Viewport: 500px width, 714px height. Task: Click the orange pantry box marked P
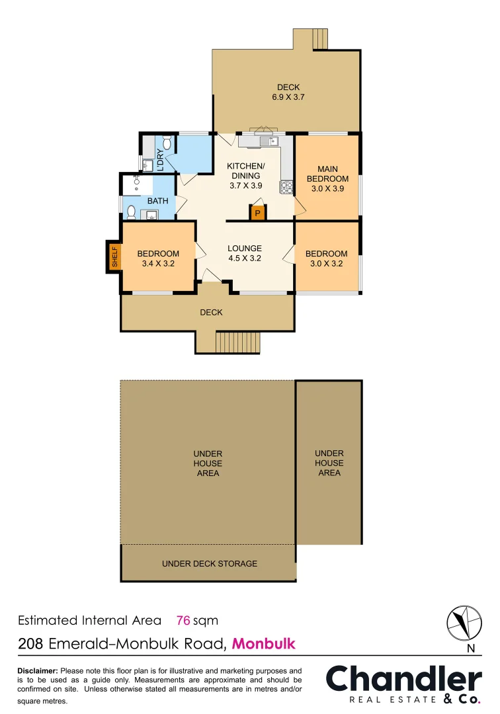[257, 214]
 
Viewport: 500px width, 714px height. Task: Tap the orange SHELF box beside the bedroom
[114, 257]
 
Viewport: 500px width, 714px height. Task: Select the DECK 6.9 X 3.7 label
[288, 92]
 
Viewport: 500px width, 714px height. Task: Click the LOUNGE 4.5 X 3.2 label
[245, 253]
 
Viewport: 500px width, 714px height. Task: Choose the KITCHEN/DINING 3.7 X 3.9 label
[246, 175]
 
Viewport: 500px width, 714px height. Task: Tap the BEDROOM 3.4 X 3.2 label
[158, 258]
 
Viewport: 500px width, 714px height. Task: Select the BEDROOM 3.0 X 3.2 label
[327, 258]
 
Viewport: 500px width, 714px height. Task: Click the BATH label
[157, 201]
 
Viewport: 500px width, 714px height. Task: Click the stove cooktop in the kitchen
[286, 187]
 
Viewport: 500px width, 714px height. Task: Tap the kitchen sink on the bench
[268, 141]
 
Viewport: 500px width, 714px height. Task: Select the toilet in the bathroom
[131, 212]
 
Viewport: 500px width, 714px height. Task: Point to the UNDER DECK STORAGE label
[210, 564]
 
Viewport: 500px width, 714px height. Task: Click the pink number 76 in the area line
[183, 620]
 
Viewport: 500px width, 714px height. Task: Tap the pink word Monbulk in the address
[264, 643]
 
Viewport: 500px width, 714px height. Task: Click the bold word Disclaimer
[37, 670]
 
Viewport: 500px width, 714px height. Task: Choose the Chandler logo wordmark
[403, 679]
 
